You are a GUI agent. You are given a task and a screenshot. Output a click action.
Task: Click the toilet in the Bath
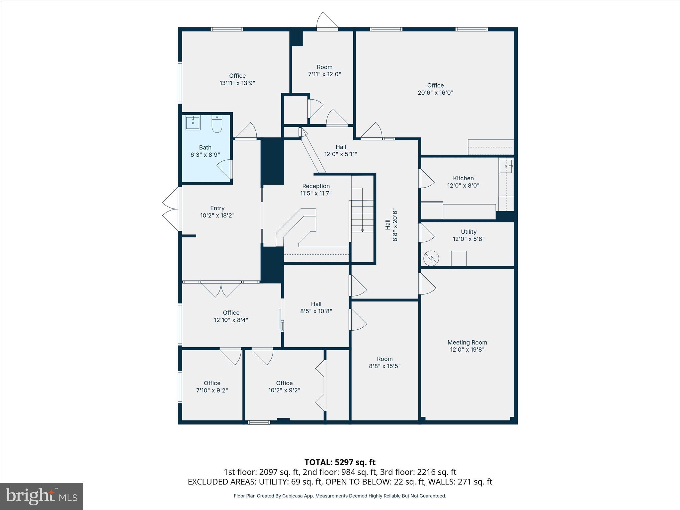pos(217,124)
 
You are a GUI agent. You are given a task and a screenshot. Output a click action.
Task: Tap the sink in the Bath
pos(193,123)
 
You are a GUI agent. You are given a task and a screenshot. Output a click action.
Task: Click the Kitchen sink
pos(506,166)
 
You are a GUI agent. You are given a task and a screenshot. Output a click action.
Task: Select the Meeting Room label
pos(467,342)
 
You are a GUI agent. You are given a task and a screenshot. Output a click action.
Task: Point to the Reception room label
pos(316,186)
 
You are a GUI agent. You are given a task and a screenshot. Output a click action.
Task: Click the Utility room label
pos(468,232)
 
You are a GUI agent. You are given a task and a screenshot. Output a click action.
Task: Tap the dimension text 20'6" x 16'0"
pos(435,93)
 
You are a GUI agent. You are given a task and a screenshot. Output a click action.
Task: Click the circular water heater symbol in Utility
pos(431,258)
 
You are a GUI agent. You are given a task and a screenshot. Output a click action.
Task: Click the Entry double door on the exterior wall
pos(171,209)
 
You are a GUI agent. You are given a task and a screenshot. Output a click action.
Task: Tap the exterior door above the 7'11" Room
pos(327,21)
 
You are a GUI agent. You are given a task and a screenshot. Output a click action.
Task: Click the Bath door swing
pos(225,169)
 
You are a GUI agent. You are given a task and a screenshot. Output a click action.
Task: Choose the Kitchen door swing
pos(426,179)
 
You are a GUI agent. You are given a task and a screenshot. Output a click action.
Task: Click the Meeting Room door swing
pos(427,284)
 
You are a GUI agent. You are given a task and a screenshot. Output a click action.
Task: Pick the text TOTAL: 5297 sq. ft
pos(340,462)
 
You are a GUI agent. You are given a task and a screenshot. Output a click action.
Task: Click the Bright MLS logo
pos(42,496)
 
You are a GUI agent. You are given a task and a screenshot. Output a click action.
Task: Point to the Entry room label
pos(217,208)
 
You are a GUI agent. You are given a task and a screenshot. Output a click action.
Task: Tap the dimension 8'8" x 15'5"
pos(385,366)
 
